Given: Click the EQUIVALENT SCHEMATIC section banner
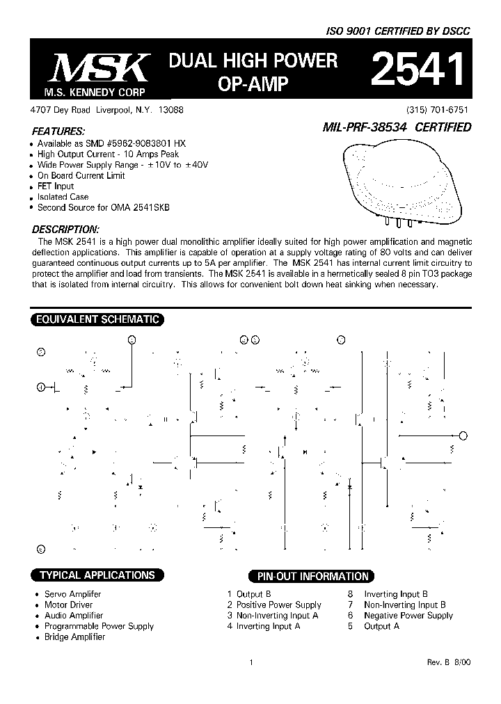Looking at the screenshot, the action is [97, 320].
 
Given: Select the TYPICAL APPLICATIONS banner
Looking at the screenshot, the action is [97, 575].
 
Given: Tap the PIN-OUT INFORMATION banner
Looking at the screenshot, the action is [312, 576].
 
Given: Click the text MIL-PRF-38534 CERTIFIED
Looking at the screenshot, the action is [397, 127].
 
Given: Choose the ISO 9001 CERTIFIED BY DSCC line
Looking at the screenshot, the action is [399, 32].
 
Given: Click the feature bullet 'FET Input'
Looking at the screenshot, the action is [56, 186].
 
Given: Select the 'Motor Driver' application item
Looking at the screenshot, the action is [68, 605].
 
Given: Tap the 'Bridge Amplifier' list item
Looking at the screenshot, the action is [74, 637].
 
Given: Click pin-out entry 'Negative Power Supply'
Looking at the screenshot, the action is [408, 616].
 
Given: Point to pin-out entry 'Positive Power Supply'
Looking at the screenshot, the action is [279, 605].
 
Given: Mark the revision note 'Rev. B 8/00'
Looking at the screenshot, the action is [449, 663].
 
